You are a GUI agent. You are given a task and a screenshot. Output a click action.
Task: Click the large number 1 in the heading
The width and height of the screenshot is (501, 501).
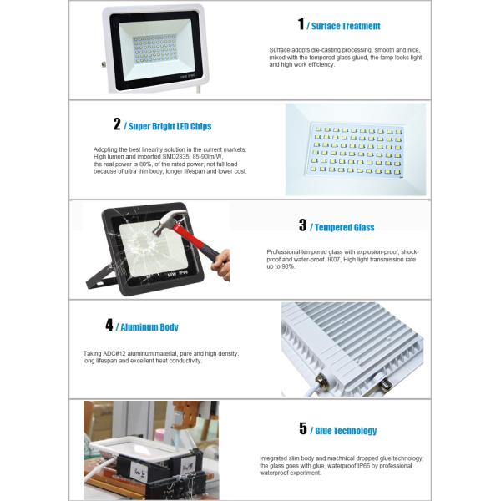(x=301, y=25)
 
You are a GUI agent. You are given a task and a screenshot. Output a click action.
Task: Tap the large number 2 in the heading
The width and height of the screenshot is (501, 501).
(x=117, y=124)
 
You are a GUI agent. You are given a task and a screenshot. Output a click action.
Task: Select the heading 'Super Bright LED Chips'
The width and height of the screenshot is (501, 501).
(x=170, y=127)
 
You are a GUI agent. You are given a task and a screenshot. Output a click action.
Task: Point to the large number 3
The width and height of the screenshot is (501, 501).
(x=302, y=225)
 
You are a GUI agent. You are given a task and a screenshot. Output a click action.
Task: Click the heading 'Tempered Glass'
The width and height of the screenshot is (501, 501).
(x=345, y=227)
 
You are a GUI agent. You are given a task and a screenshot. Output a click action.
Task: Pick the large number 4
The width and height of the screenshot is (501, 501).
(x=109, y=325)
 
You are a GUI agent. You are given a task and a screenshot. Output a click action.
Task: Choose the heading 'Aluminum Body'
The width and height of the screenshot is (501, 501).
(x=149, y=327)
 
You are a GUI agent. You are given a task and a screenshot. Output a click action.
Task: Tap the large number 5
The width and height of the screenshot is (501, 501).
(x=303, y=429)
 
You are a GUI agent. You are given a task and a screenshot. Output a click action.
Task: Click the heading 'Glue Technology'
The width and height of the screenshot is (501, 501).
(x=346, y=432)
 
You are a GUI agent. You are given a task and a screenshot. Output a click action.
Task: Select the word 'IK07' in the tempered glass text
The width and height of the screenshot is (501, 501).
(x=338, y=259)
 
